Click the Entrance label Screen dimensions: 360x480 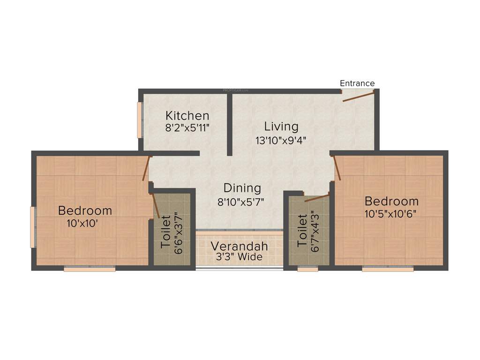[357, 83]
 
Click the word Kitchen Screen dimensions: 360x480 [187, 115]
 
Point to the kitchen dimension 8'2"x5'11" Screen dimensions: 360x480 [187, 127]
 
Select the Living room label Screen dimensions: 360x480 [281, 126]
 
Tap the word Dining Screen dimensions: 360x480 [242, 188]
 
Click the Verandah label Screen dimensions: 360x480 [239, 246]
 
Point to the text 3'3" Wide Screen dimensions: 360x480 [239, 257]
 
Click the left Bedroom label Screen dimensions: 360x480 [85, 210]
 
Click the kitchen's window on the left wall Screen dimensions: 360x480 [139, 120]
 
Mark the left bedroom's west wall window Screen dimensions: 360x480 [32, 227]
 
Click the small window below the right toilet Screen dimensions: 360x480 [307, 269]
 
